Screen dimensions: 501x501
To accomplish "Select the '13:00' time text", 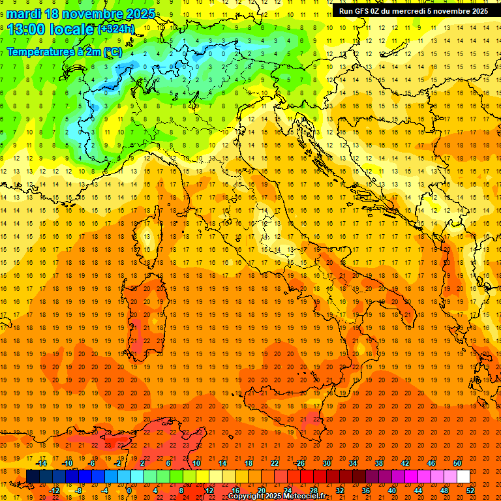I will [27, 29].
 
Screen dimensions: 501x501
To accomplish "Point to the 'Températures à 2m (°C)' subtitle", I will [64, 52].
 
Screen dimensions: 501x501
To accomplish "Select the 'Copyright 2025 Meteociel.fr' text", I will [277, 496].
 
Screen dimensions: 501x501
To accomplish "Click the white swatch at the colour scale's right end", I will [463, 477].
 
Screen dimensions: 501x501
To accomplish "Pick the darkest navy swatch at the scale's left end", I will [33, 477].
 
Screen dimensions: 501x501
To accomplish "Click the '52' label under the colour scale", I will [470, 491].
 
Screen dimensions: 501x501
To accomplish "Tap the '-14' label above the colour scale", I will [40, 463].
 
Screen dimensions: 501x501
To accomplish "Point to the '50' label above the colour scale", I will [457, 463].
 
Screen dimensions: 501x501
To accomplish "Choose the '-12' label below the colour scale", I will [54, 491].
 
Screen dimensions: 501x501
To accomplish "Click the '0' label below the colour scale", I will [129, 491].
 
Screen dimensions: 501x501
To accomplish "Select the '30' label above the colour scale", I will [326, 463].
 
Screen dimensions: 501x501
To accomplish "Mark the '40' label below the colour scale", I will [392, 491].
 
